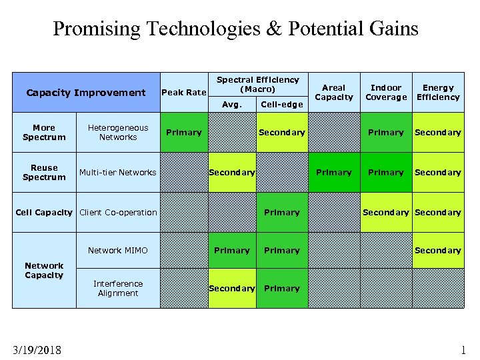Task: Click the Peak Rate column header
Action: [x=184, y=92]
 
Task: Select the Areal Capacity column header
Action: [x=333, y=92]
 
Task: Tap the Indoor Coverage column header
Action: [x=386, y=92]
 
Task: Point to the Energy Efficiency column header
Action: [x=438, y=92]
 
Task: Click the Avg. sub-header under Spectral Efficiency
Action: [x=231, y=104]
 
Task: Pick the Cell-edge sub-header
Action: [x=281, y=104]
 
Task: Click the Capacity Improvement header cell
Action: [x=85, y=93]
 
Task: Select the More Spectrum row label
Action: [x=44, y=132]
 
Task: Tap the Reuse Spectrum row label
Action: [x=44, y=172]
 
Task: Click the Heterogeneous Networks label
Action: [x=118, y=132]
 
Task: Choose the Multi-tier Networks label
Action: [x=118, y=172]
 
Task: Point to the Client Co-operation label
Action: [x=118, y=213]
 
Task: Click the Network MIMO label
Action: [x=118, y=251]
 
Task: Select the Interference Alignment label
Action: [x=118, y=288]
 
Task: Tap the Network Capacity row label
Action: [x=44, y=270]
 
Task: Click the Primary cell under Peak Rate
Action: [x=184, y=132]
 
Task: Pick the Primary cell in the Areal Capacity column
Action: [x=333, y=172]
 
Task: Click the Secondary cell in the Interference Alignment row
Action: [x=231, y=288]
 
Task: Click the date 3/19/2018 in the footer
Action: [x=37, y=349]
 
